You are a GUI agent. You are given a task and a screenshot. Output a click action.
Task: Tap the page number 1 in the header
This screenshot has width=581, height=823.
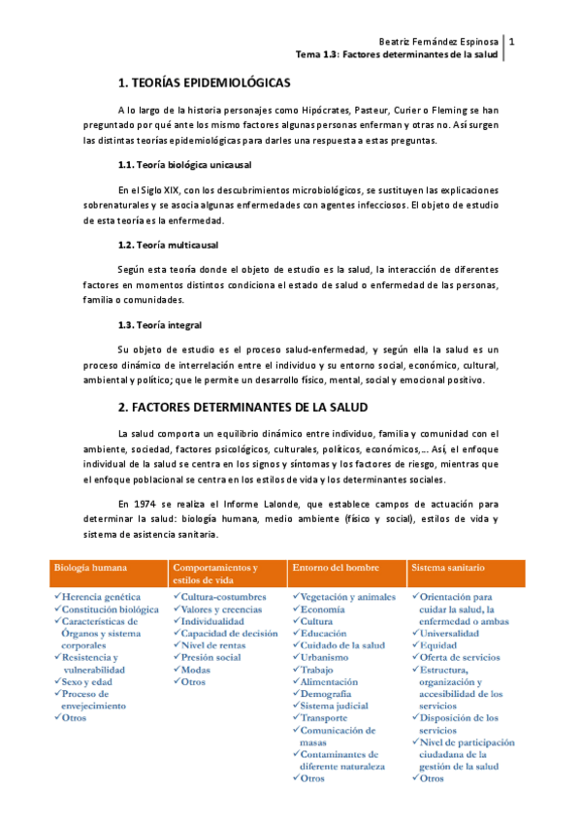point(512,42)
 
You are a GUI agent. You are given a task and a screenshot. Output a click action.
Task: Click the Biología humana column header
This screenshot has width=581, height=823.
point(91,566)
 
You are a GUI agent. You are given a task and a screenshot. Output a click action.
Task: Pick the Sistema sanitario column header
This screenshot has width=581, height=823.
point(448,566)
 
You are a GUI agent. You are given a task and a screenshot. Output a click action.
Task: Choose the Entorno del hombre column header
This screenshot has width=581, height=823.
point(336,566)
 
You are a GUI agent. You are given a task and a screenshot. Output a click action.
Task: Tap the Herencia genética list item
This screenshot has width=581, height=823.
point(100,597)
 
